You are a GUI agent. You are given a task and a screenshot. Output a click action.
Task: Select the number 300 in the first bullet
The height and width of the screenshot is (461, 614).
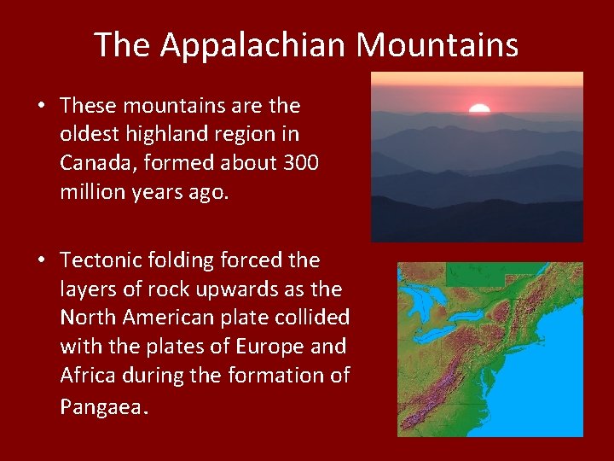coord(299,163)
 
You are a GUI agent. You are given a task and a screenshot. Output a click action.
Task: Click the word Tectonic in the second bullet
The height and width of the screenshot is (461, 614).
coord(101,260)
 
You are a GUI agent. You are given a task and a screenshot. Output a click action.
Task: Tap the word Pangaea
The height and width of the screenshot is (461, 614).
coord(101,406)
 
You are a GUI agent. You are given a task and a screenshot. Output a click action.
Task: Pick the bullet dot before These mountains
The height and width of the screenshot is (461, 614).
coord(41,106)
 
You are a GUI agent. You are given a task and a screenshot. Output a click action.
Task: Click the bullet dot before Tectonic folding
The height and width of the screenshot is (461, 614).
coord(41,260)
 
